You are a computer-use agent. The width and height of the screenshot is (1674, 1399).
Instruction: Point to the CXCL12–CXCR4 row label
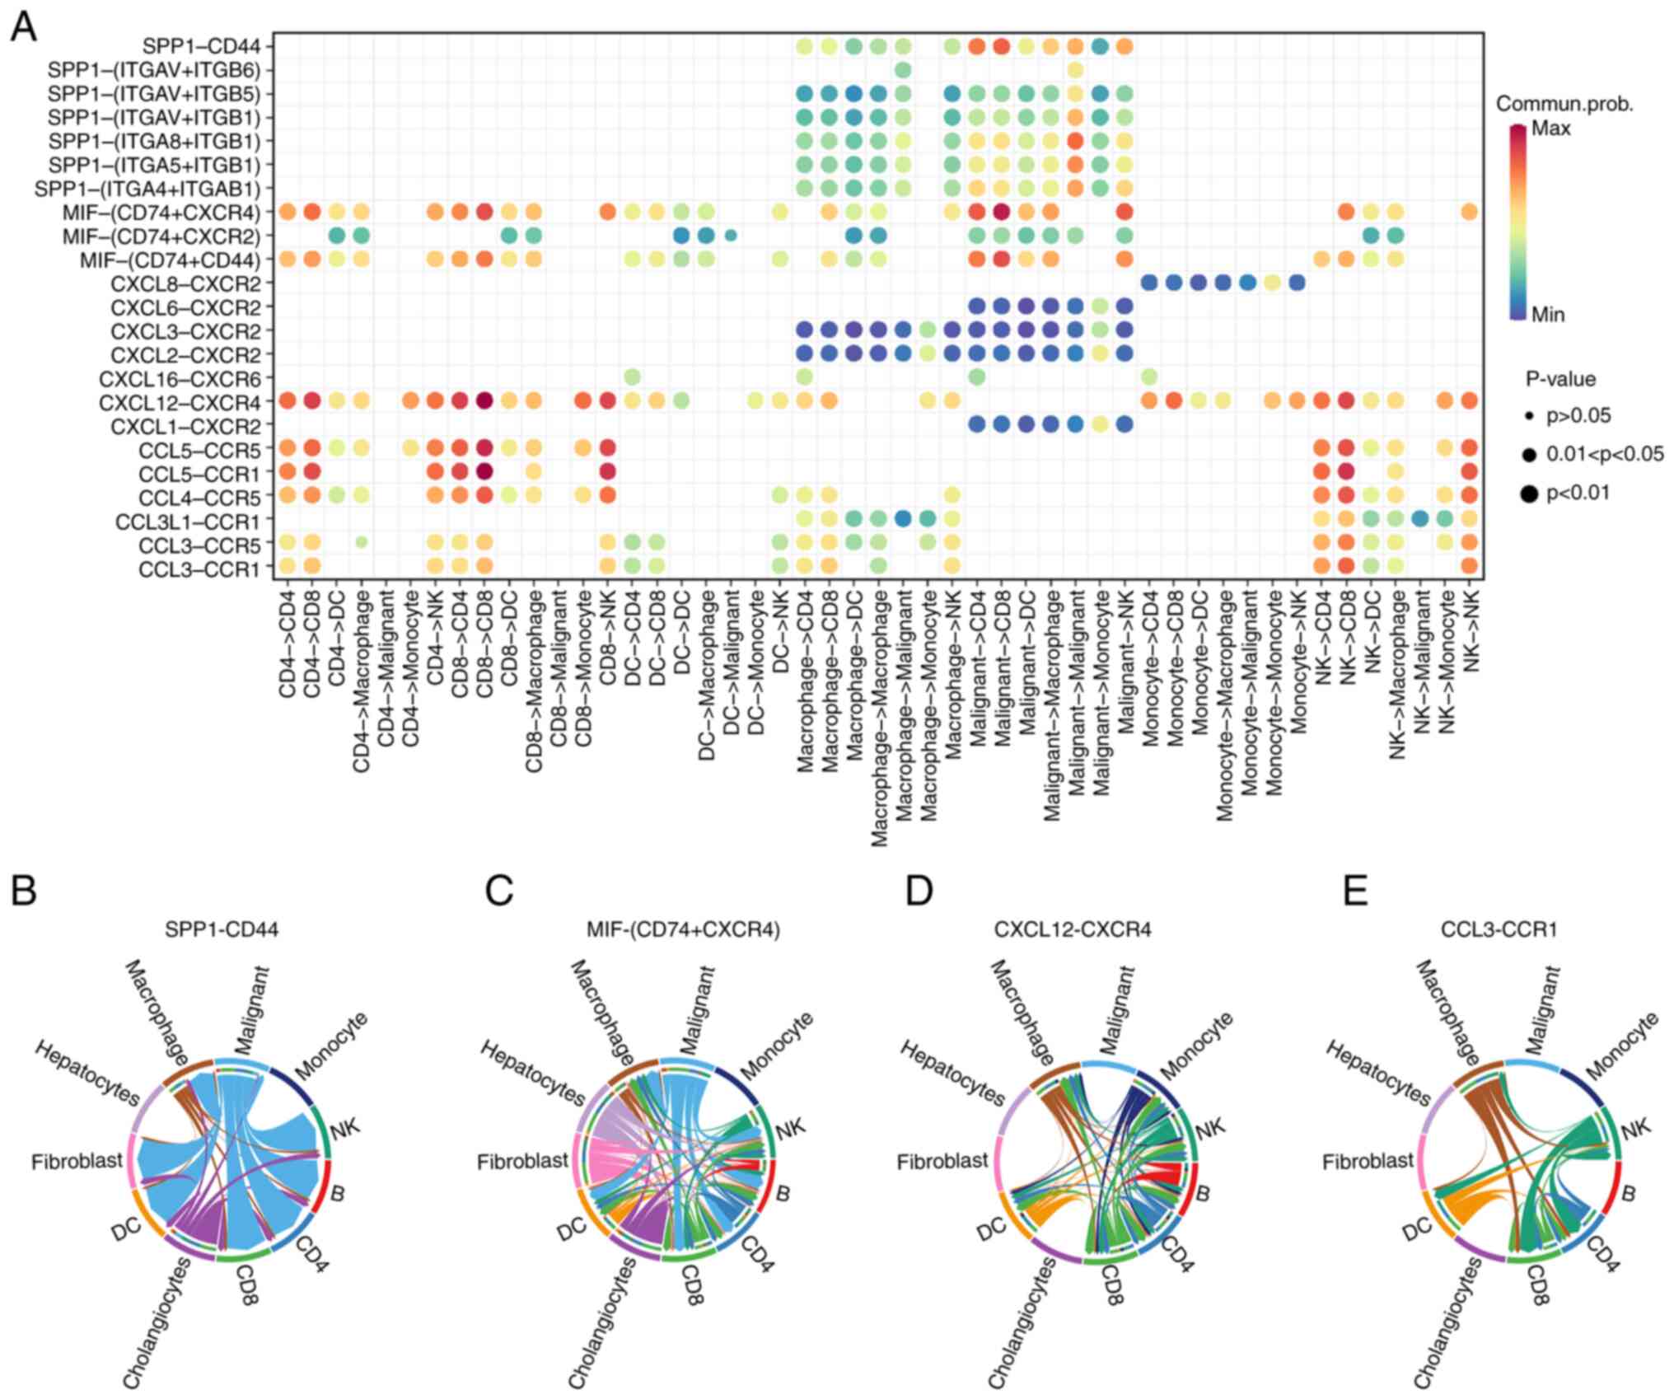pos(179,403)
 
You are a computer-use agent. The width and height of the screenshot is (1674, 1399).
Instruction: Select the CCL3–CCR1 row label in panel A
pos(201,569)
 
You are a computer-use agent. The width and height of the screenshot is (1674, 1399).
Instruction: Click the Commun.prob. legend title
pos(1564,105)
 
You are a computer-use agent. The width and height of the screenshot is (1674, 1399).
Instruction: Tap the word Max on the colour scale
pos(1551,129)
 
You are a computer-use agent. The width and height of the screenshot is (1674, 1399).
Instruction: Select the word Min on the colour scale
pos(1548,314)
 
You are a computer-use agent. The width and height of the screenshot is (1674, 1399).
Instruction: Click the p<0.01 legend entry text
pos(1578,493)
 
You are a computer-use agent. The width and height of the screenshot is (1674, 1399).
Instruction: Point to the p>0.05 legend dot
pos(1529,417)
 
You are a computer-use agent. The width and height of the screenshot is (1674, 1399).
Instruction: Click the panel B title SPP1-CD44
pos(222,929)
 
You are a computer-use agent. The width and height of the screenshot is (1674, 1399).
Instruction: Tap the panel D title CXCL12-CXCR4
pos(1073,929)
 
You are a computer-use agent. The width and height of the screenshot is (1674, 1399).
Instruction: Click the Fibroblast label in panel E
pos(1368,1162)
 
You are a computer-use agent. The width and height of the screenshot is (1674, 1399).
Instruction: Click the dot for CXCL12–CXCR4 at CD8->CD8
pos(484,401)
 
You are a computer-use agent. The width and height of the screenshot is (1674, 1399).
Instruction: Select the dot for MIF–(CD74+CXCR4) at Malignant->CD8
pos(1002,212)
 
